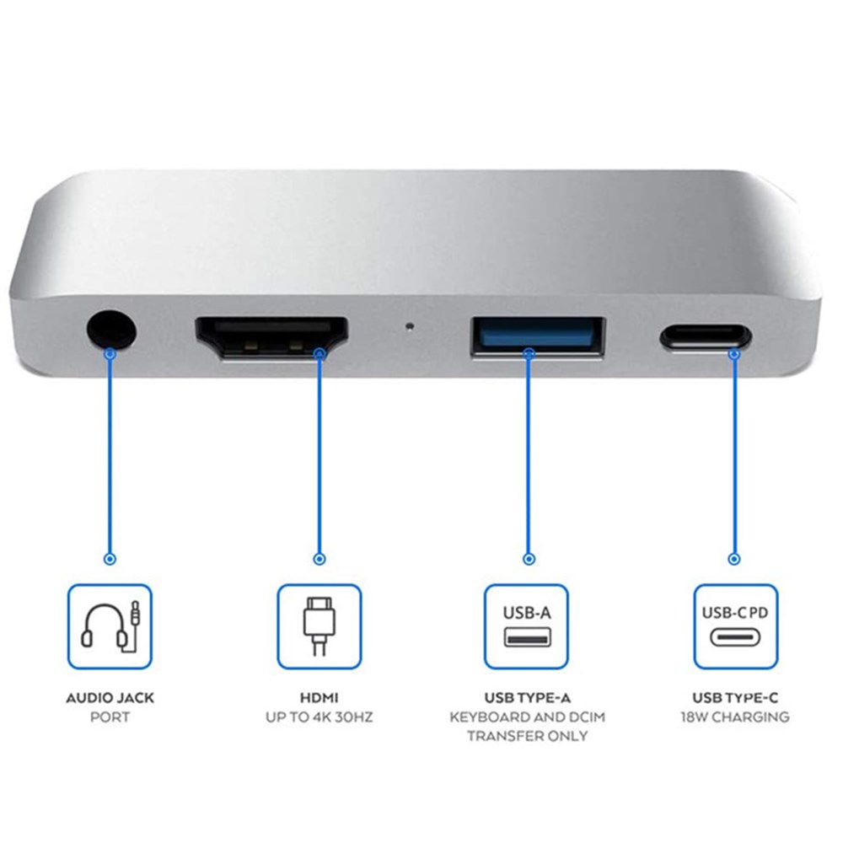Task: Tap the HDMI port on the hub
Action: pos(271,337)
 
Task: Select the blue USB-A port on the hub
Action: pos(537,335)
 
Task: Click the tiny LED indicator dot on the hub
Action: pos(410,324)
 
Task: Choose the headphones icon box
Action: pos(110,626)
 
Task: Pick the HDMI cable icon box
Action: pos(319,626)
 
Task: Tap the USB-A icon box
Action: pos(527,626)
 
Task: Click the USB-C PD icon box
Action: pos(735,626)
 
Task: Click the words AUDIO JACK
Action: pos(110,698)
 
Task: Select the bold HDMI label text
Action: pos(319,698)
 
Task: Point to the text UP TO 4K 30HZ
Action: pos(319,717)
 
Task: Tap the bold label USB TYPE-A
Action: pos(527,698)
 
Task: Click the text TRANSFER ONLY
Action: pos(527,736)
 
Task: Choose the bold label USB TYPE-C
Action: pos(735,698)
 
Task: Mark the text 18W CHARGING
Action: pos(735,717)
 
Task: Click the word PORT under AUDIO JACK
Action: pos(110,717)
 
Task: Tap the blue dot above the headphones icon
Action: pos(110,558)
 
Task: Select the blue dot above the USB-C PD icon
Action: pos(734,558)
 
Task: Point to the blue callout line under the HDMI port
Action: pos(319,455)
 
